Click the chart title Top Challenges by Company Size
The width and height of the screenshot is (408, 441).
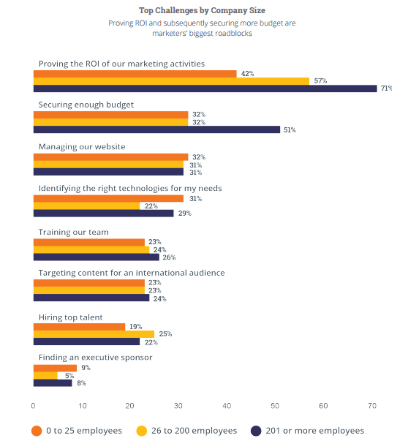point(202,11)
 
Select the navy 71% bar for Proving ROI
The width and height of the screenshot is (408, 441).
point(205,88)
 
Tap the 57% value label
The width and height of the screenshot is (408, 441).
point(320,81)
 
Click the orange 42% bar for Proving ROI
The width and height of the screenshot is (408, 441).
point(135,74)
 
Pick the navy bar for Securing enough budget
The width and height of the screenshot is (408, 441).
point(156,129)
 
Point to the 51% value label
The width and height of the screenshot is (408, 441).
point(290,130)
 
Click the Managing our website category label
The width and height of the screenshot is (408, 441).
point(82,147)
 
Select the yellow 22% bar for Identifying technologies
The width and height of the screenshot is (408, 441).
point(86,206)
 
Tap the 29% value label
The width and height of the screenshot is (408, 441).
point(184,214)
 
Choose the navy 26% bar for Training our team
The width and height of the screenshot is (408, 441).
point(97,257)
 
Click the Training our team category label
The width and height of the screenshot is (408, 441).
point(73,233)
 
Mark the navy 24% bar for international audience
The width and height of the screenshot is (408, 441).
point(91,298)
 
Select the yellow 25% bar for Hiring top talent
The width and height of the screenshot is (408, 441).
point(94,334)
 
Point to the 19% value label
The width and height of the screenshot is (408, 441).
point(135,327)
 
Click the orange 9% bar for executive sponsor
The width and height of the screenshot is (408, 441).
point(55,368)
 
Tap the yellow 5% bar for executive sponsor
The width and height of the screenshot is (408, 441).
point(45,375)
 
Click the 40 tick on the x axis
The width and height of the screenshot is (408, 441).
point(227,406)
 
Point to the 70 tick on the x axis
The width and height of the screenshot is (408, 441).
point(372,406)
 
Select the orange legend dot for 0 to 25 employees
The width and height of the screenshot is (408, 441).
point(37,431)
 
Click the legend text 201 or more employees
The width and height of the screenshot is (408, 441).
point(315,431)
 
